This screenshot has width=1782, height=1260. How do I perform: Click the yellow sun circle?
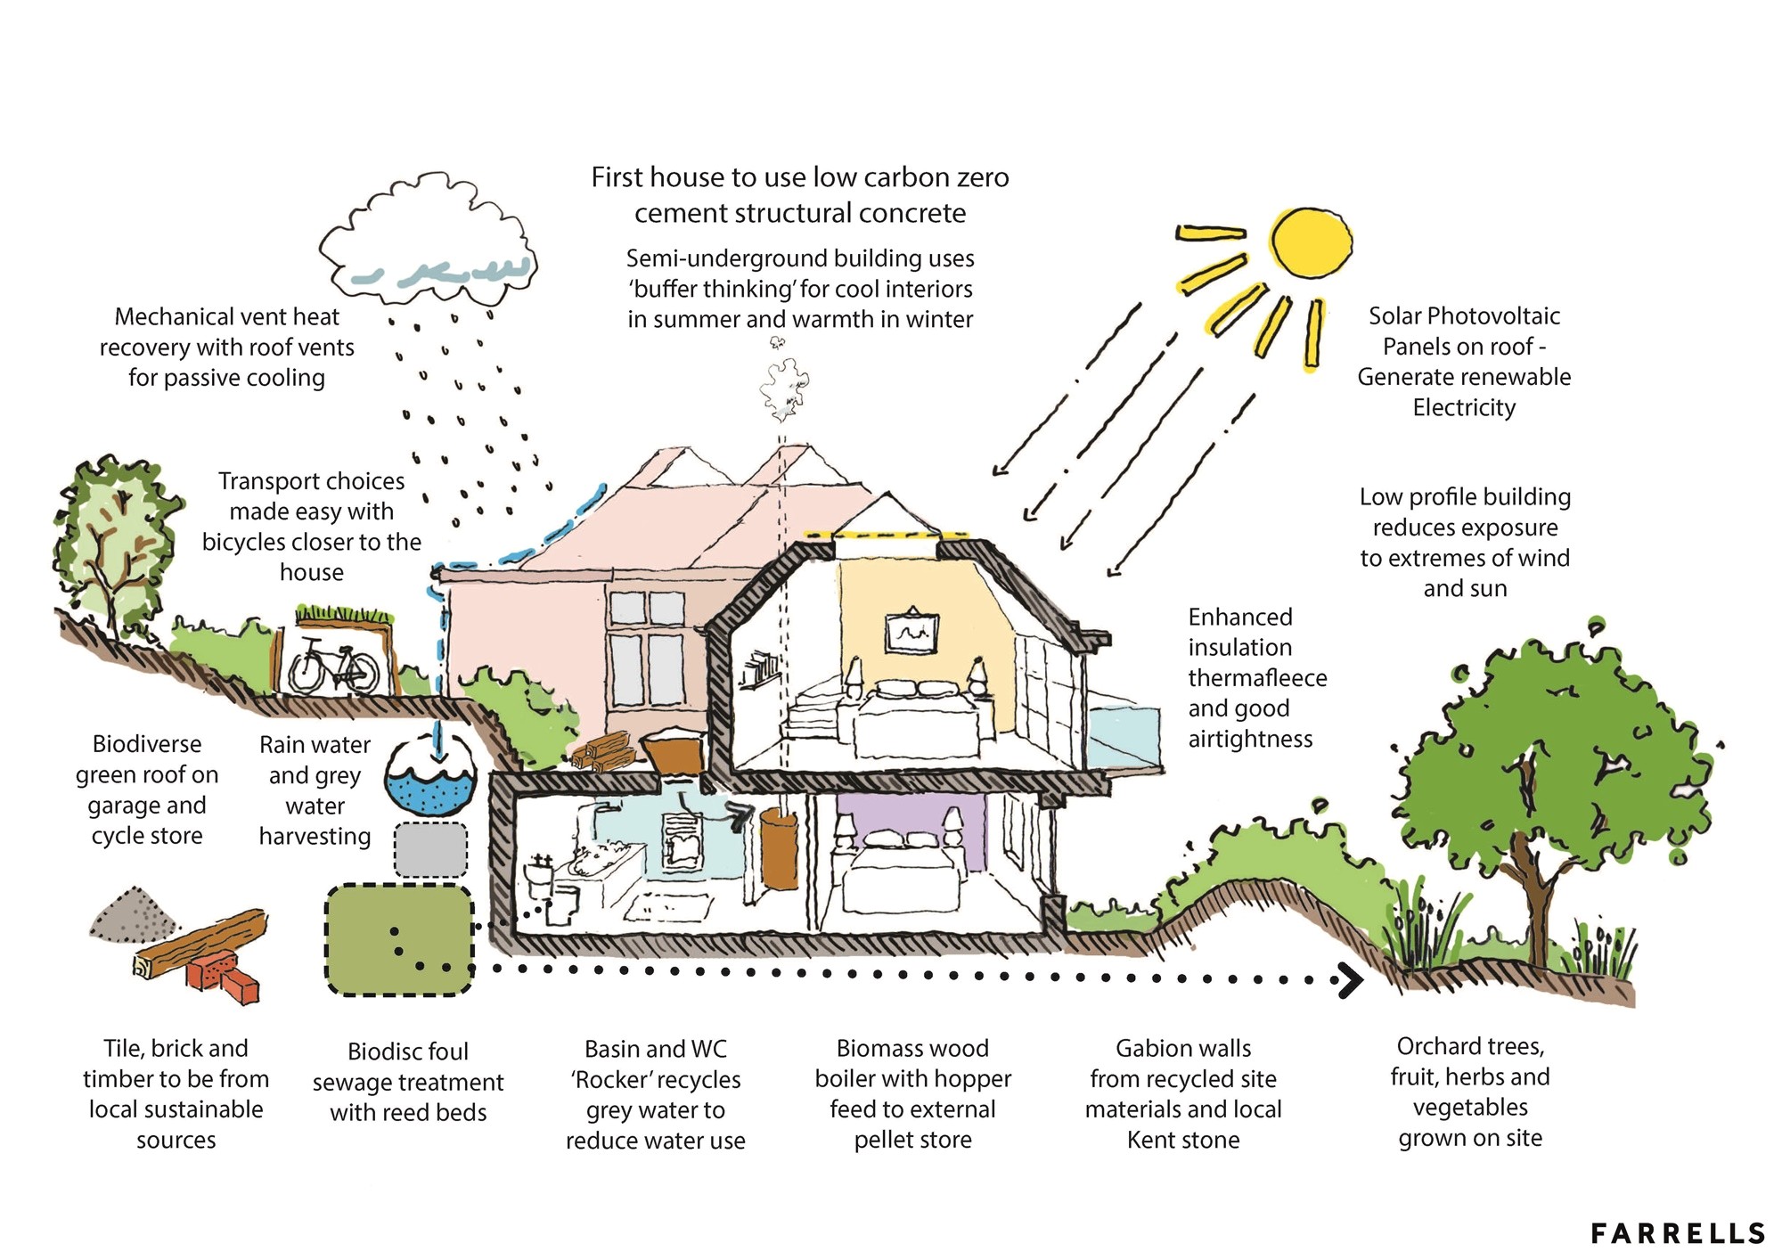click(x=1311, y=243)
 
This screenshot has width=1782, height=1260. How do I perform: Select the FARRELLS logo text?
click(x=1678, y=1233)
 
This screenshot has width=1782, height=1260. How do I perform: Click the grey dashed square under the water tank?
click(x=430, y=849)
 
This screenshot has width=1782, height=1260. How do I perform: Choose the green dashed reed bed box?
click(x=398, y=939)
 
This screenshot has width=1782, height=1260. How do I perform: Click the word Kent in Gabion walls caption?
click(x=1151, y=1140)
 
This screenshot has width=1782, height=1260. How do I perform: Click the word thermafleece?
click(x=1257, y=678)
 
